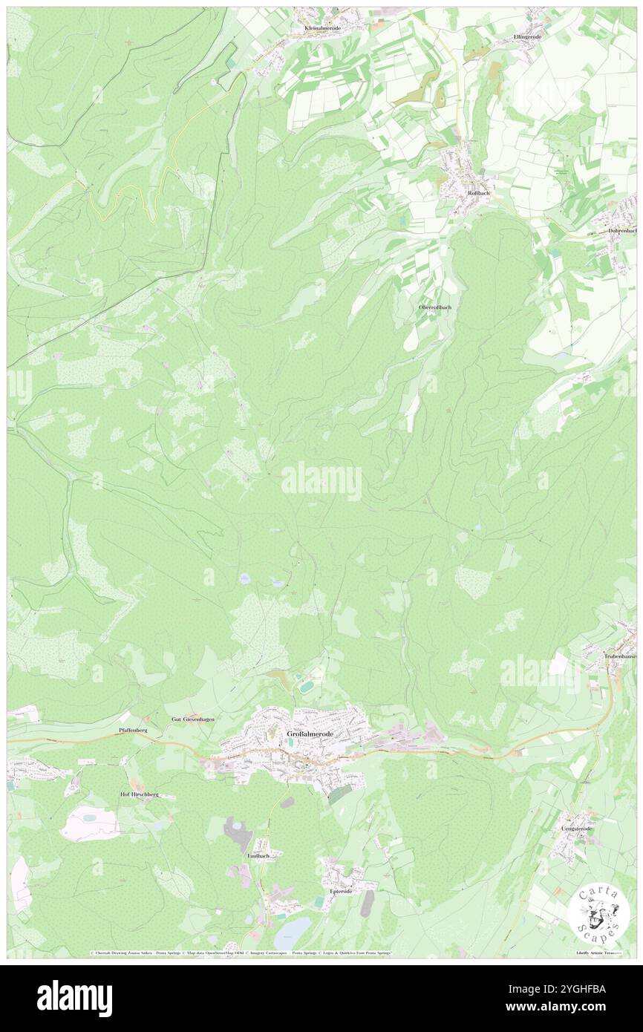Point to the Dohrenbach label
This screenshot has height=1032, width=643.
pos(621,230)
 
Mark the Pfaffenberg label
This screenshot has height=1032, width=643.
pos(133,731)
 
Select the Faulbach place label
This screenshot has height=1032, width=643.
pos(259,855)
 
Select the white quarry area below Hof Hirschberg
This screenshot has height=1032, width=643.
pos(89,823)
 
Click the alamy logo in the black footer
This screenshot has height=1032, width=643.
pos(74,998)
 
